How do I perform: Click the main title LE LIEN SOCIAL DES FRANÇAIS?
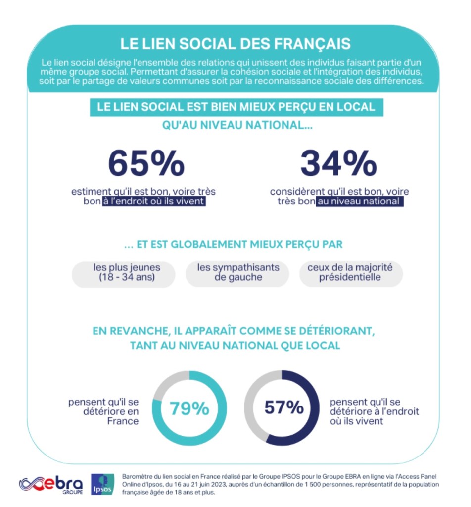click(235, 43)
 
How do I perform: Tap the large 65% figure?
click(146, 163)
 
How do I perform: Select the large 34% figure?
click(338, 163)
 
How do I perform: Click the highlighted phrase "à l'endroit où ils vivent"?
click(154, 202)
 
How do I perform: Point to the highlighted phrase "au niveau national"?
click(360, 202)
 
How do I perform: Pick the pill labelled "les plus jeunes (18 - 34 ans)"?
click(124, 273)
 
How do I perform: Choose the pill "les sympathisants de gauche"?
click(238, 273)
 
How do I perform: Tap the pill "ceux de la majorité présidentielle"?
click(350, 273)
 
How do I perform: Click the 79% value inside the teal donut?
click(189, 408)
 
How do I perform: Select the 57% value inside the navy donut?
click(283, 408)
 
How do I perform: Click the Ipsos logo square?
click(103, 483)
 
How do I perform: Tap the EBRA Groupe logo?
click(51, 484)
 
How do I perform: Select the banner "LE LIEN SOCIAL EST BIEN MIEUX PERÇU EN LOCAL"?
click(236, 107)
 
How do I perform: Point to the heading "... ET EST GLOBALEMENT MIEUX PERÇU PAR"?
click(234, 244)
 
